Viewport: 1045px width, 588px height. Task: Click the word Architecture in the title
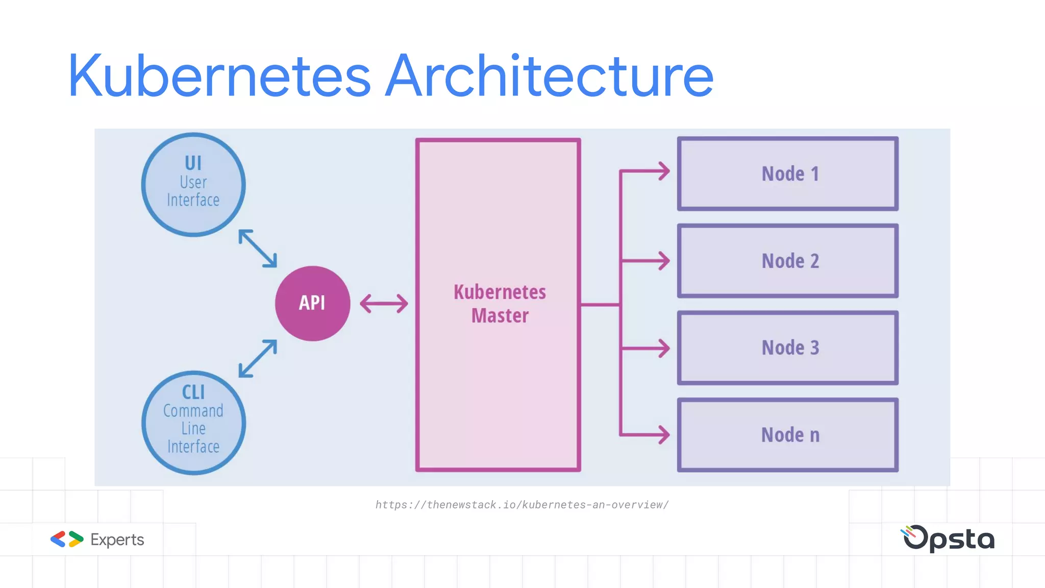point(549,77)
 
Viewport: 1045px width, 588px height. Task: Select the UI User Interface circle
point(193,185)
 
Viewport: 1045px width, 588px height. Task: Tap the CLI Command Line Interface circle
point(193,423)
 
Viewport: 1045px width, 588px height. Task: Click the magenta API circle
point(312,303)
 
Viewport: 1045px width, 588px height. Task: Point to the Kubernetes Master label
point(500,304)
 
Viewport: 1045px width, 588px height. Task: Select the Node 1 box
point(788,174)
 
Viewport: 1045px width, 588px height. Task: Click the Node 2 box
point(788,261)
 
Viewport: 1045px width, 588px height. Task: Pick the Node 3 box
point(788,348)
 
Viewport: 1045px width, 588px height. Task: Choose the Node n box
point(788,435)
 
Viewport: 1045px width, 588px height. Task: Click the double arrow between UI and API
point(258,249)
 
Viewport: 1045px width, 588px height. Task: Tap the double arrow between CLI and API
point(258,359)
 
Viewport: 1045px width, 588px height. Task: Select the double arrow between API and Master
point(384,304)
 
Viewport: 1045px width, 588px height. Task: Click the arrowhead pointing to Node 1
point(664,171)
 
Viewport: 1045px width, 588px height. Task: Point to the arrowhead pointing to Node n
point(664,435)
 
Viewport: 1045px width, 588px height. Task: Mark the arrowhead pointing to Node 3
point(664,348)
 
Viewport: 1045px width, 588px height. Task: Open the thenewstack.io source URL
point(521,505)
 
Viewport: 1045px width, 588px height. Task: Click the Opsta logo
point(948,538)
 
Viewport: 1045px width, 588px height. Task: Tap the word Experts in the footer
point(117,540)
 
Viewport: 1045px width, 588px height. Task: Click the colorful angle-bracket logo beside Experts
point(67,539)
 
